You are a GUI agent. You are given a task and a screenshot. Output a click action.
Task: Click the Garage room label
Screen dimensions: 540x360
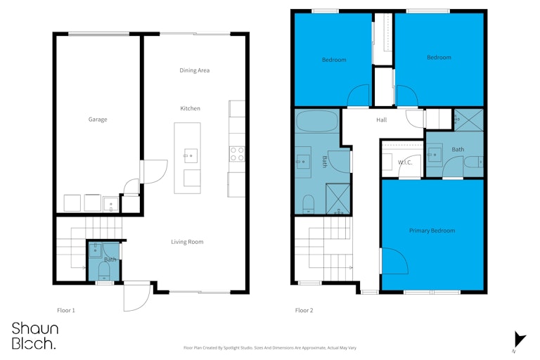click(x=98, y=120)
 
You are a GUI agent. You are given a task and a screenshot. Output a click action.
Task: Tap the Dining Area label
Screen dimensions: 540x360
click(x=194, y=70)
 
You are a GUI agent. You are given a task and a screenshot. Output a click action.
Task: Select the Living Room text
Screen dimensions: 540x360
click(x=187, y=242)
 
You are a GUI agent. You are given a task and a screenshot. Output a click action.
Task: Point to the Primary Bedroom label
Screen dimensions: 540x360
click(x=432, y=231)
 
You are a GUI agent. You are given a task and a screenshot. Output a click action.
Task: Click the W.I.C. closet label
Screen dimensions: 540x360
click(x=405, y=162)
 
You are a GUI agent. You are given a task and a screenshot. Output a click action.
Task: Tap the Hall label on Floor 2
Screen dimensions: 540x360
click(x=381, y=120)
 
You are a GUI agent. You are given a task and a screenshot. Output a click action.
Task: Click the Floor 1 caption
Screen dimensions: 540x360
click(x=66, y=310)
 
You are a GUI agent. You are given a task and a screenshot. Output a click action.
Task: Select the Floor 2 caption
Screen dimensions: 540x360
click(x=304, y=310)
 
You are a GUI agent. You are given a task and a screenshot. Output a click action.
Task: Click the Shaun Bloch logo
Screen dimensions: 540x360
click(x=34, y=336)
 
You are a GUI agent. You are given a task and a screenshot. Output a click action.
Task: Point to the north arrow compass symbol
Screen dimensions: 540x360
click(x=519, y=340)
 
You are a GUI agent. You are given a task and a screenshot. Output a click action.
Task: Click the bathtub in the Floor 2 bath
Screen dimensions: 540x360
click(x=317, y=121)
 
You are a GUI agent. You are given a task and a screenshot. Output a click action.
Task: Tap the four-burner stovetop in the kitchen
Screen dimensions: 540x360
click(x=237, y=154)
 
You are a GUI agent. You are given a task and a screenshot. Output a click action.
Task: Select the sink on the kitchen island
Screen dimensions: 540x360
click(x=190, y=155)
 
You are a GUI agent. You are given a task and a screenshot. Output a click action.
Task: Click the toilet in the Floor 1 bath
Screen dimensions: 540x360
click(x=104, y=272)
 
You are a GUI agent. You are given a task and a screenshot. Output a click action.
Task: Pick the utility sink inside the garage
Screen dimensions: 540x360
click(x=110, y=205)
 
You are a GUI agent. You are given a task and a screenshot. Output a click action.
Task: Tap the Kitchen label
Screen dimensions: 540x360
click(x=190, y=108)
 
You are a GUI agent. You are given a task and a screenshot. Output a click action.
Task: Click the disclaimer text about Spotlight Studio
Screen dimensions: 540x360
click(x=270, y=348)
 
